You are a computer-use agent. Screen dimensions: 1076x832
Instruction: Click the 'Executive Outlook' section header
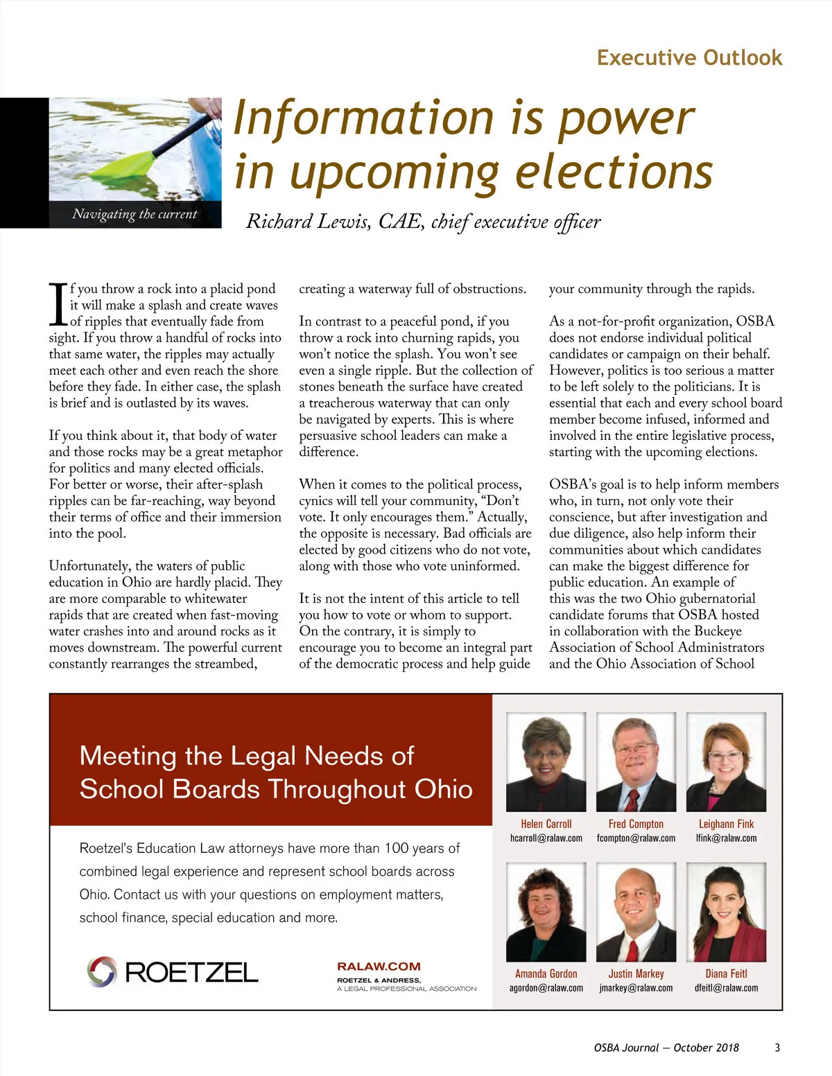click(689, 58)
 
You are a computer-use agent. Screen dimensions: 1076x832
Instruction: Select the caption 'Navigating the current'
click(135, 214)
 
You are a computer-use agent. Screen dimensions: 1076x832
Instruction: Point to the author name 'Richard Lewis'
click(308, 222)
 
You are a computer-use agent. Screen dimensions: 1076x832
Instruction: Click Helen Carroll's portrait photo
click(546, 762)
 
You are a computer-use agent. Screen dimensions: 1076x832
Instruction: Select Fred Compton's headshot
click(636, 762)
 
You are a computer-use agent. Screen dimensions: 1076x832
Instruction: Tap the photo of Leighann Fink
click(726, 762)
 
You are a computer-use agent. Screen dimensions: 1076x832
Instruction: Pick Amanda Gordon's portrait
click(546, 912)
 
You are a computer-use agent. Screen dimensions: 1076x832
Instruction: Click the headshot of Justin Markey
click(636, 912)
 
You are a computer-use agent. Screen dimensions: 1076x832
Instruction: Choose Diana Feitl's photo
click(726, 912)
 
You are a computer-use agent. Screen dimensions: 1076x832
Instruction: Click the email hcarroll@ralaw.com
click(546, 838)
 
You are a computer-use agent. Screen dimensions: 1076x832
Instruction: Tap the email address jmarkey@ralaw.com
click(636, 988)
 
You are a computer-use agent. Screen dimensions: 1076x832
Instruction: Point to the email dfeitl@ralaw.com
click(726, 988)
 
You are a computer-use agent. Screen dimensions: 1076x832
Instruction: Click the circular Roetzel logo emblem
click(102, 971)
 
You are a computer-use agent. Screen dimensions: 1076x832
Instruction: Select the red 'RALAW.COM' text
click(379, 967)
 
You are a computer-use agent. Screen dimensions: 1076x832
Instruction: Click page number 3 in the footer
click(777, 1048)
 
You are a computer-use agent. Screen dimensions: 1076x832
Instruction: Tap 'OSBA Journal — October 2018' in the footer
click(666, 1048)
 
